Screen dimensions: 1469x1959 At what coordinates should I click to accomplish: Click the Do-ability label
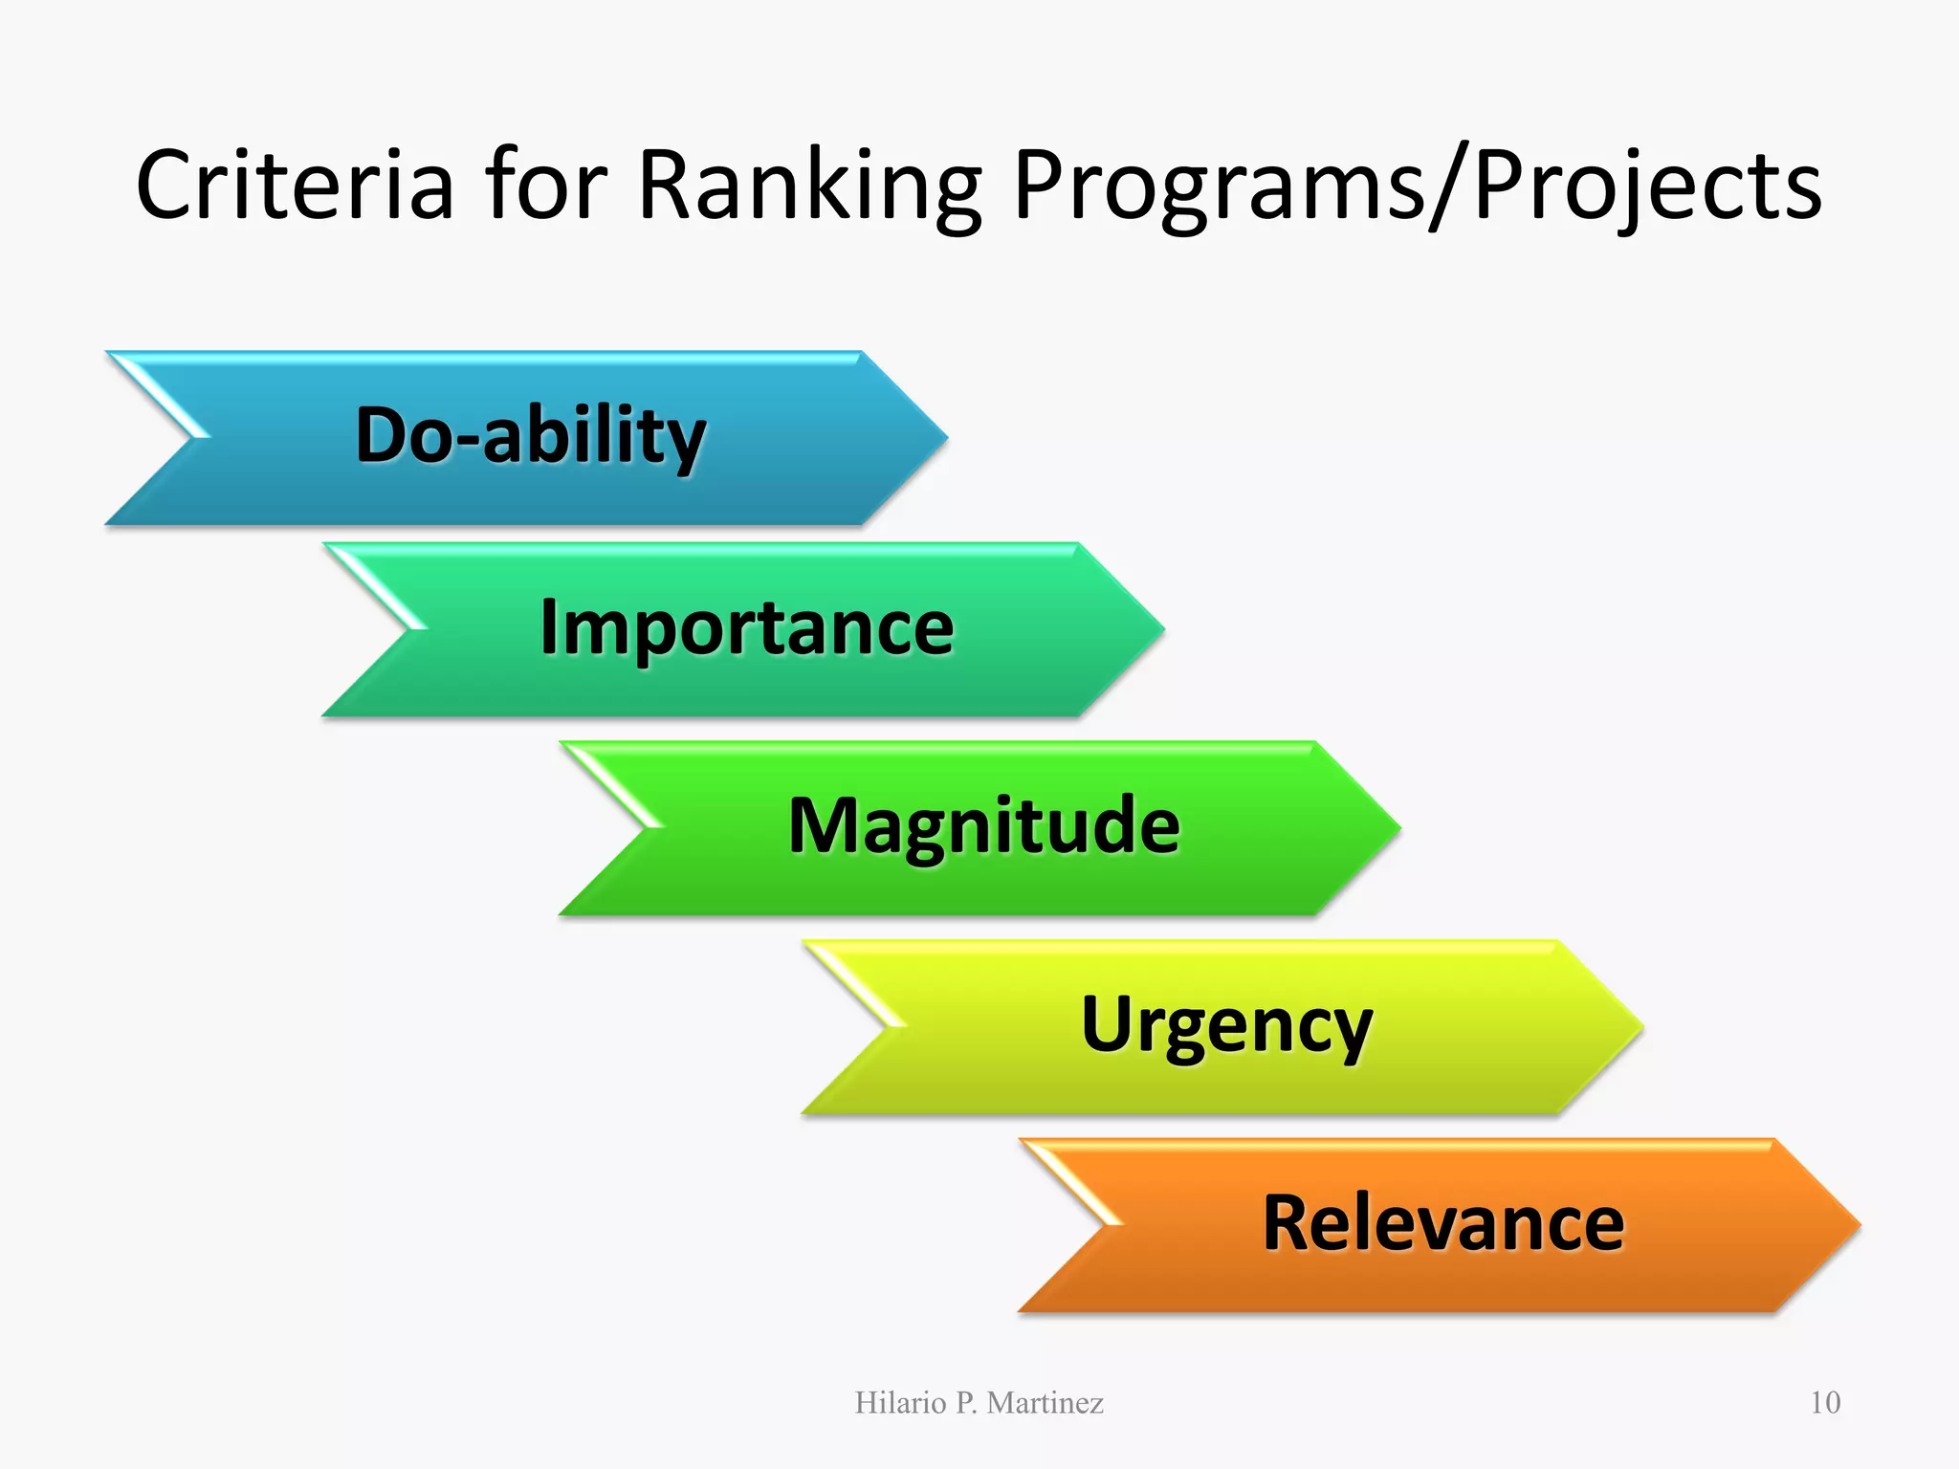(531, 436)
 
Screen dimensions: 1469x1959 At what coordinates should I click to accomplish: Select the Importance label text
(747, 628)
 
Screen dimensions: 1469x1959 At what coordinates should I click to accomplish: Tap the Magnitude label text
(984, 826)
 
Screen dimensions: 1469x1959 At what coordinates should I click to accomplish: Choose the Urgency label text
(1227, 1025)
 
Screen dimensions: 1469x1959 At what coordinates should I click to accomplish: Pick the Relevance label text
(1443, 1223)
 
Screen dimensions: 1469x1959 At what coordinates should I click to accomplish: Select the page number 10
(1825, 1403)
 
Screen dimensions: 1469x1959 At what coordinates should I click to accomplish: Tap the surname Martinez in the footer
(1045, 1403)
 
